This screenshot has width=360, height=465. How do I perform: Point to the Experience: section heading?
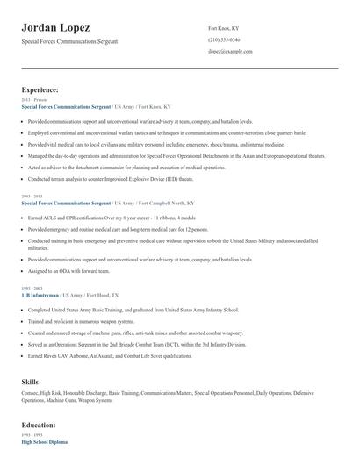[40, 89]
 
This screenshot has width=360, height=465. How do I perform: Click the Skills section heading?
[31, 383]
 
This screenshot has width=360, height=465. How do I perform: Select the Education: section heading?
[40, 425]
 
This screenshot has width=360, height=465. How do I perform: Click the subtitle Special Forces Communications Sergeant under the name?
[75, 42]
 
